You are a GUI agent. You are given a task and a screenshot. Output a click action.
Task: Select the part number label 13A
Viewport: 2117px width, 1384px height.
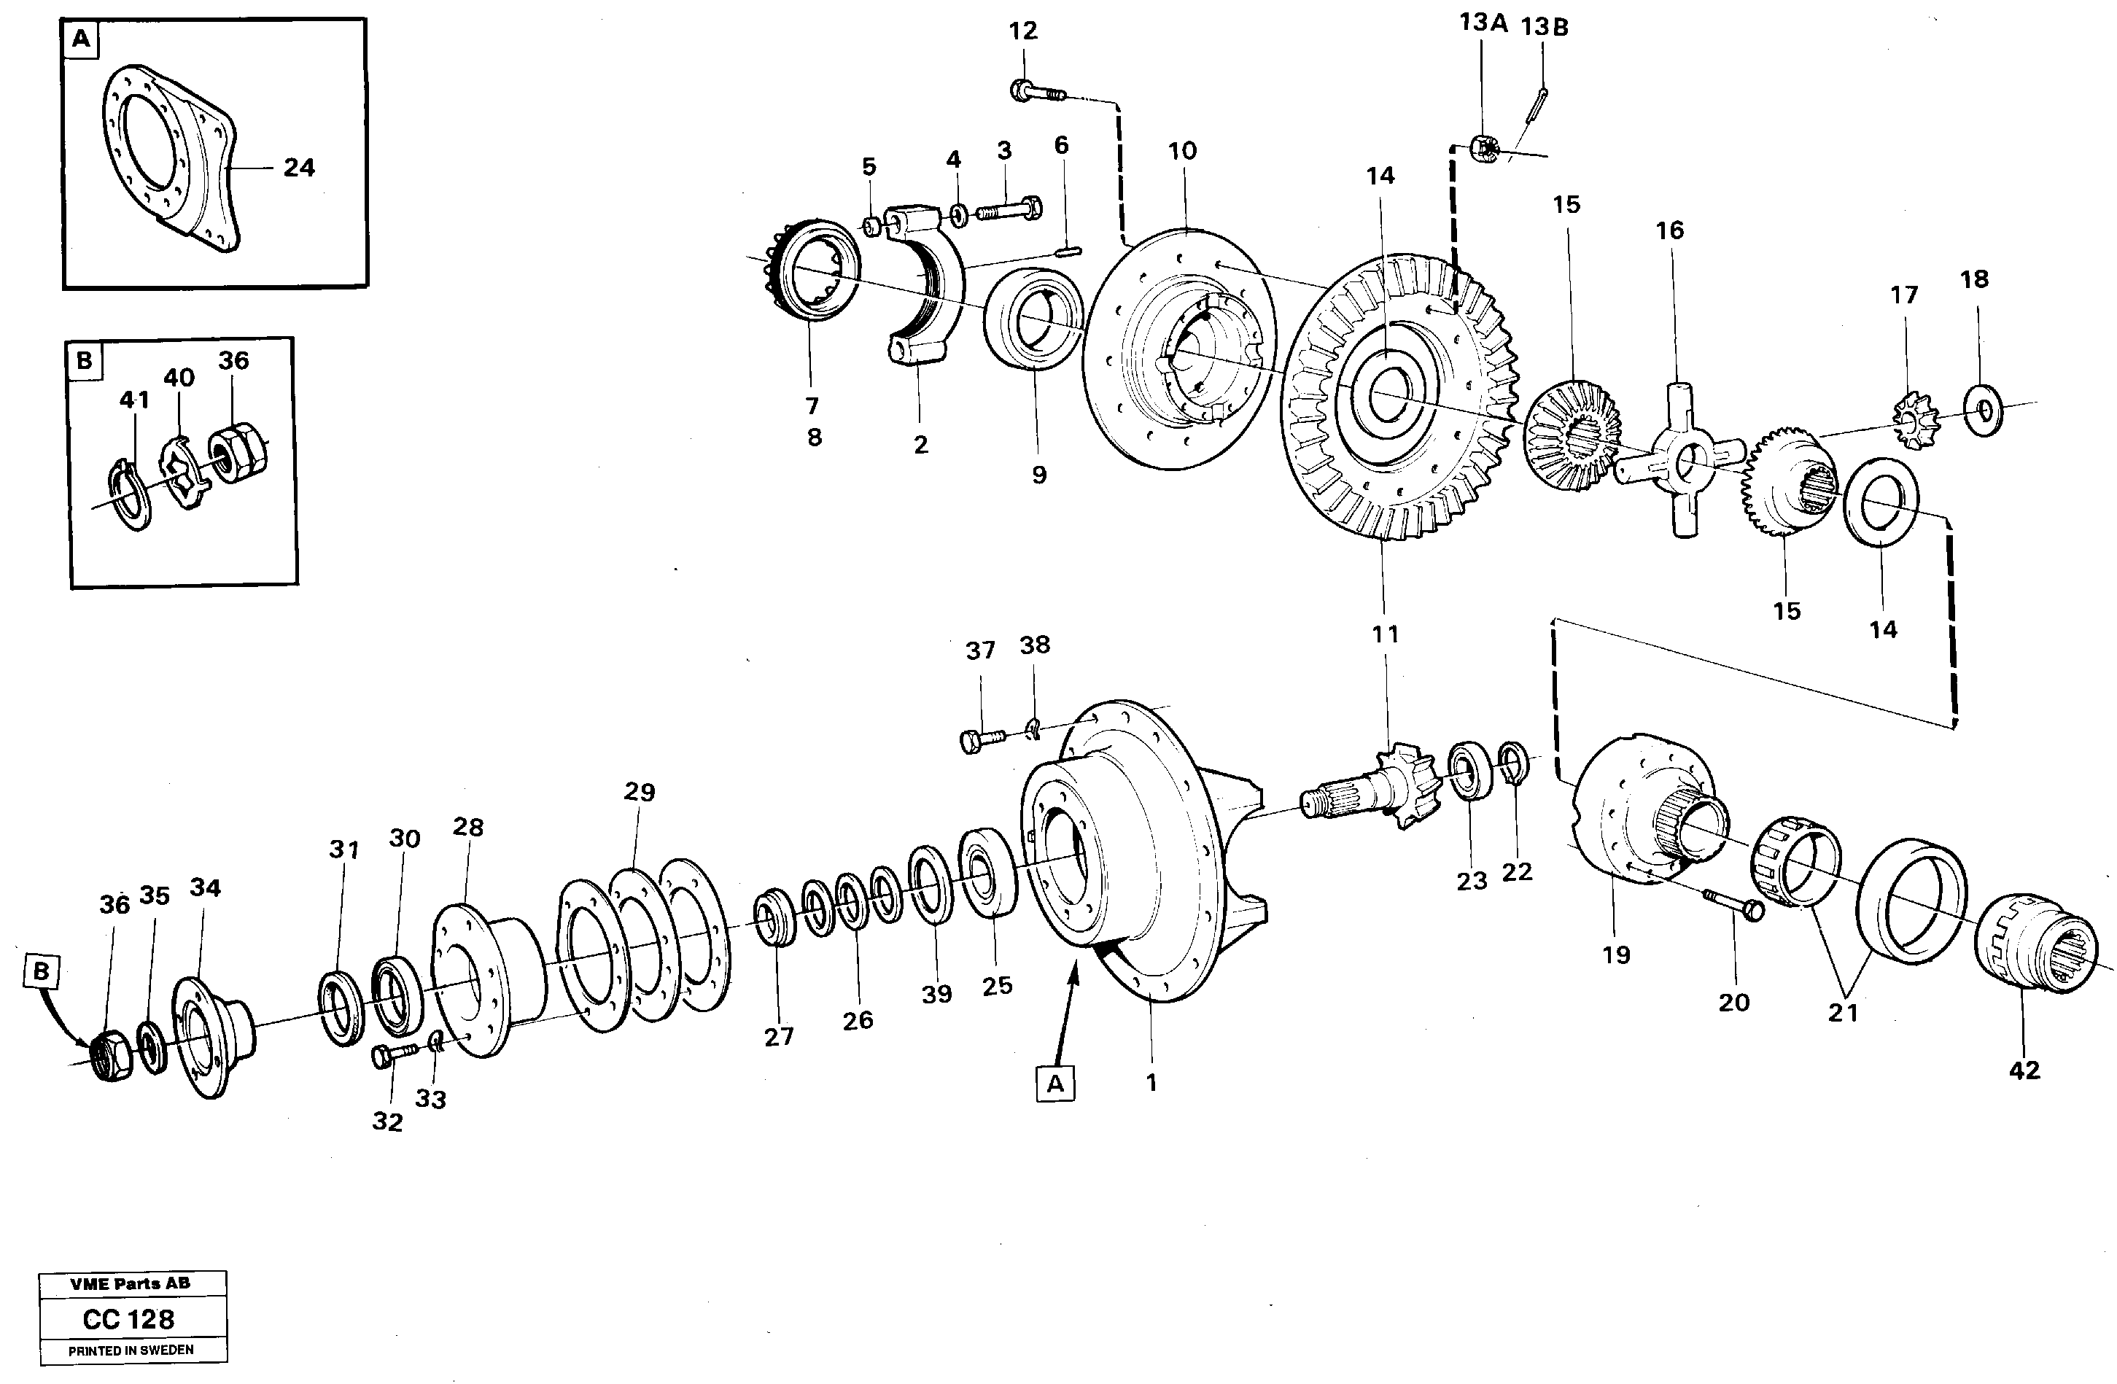coord(1483,23)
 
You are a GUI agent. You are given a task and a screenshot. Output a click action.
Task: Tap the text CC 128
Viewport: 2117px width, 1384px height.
coord(129,1319)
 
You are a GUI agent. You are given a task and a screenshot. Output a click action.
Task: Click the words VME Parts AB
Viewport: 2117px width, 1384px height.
coord(130,1283)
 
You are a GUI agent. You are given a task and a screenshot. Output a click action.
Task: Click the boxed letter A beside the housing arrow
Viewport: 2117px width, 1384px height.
coord(1055,1084)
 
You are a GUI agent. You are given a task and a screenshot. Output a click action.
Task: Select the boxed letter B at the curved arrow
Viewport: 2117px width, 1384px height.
coord(41,972)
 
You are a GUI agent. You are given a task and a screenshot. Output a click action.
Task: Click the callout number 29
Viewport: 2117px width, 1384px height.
coord(639,792)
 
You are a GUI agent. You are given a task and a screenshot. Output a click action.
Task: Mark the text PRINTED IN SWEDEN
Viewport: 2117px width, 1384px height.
coord(130,1350)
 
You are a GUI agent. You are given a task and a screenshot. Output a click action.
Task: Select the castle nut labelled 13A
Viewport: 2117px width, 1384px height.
coord(1483,149)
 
